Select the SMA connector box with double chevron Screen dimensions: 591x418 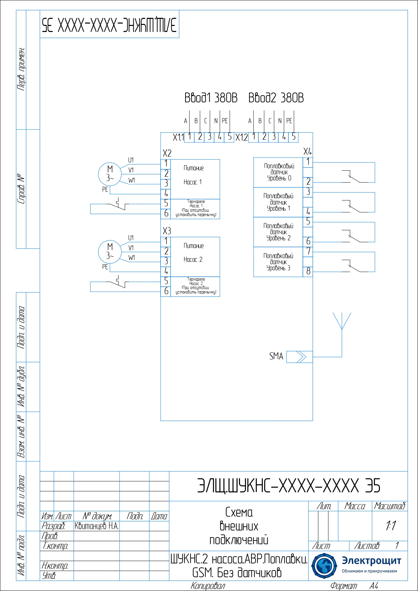pos(299,357)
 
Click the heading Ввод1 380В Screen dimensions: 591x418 pos(211,98)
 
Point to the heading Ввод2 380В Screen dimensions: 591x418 pos(276,98)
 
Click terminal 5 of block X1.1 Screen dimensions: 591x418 pos(230,137)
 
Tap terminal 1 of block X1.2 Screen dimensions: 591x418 pos(254,137)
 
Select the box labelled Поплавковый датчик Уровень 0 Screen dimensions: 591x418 pos(278,172)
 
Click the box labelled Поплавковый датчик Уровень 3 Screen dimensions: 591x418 pos(278,262)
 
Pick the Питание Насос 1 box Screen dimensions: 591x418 pos(195,179)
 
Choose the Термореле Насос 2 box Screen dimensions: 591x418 pos(196,286)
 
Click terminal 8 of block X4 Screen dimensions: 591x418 pos(308,271)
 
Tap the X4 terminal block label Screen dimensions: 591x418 pos(307,151)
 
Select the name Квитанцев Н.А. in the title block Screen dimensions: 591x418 pos(97,526)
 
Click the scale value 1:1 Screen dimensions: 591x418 pos(390,525)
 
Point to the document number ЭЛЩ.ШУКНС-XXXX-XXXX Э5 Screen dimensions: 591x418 pos(288,486)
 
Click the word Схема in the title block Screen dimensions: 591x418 pos(239,512)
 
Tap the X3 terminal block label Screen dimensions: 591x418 pos(167,231)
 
